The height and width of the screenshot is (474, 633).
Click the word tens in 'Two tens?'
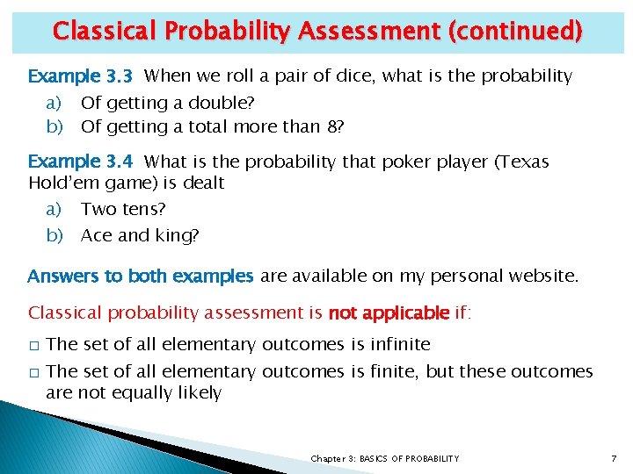(142, 210)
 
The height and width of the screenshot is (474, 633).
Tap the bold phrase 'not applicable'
(389, 312)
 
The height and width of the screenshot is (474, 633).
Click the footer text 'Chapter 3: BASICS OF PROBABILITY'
(384, 459)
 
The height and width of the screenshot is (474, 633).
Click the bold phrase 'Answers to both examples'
(141, 276)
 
